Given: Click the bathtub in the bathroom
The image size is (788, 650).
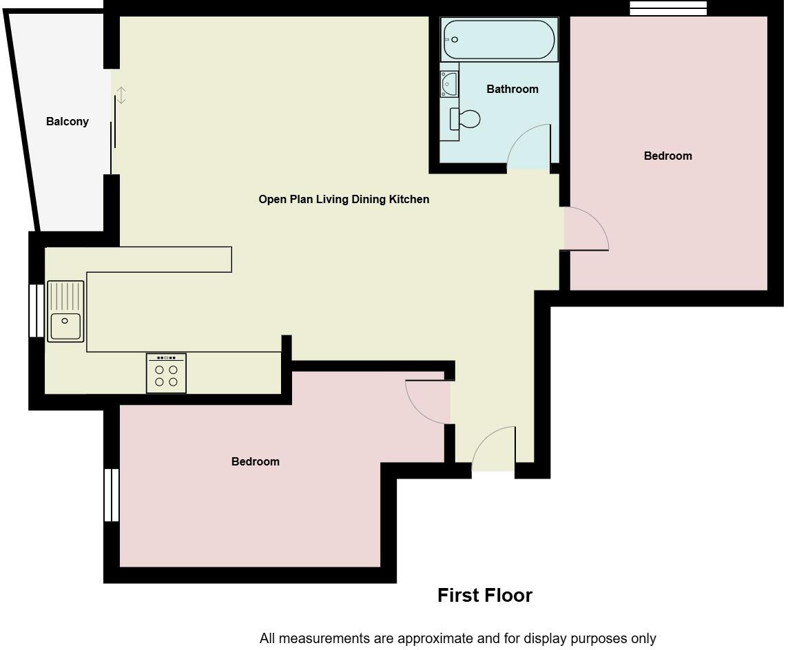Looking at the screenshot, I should [499, 40].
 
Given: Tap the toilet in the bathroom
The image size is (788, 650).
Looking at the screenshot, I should [466, 118].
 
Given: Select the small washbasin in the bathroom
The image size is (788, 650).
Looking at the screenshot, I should [449, 84].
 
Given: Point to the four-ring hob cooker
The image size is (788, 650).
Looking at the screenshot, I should [166, 374].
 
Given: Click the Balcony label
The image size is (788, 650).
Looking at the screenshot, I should [68, 122].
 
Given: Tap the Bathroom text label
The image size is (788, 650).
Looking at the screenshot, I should [512, 89].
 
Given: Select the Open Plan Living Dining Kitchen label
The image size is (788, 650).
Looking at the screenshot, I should [344, 199].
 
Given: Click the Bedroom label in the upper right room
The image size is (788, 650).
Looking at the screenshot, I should [667, 156].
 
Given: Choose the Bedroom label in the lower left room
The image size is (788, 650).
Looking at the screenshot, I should [256, 461].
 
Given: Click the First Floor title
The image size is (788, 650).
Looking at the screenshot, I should [485, 596].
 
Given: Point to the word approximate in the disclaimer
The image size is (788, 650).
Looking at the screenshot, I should [413, 638].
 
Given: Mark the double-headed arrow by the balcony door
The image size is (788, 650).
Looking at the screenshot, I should [121, 96].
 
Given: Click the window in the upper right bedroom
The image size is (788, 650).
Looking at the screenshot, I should [668, 8].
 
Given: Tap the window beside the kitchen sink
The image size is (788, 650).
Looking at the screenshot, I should [36, 311].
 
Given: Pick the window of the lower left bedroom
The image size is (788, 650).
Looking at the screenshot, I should [111, 495].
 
